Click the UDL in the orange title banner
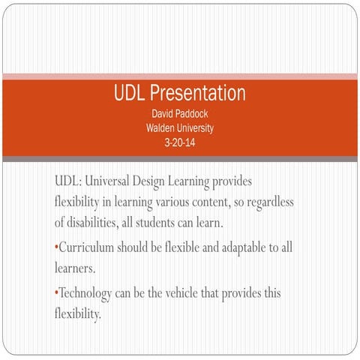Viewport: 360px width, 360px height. (130, 94)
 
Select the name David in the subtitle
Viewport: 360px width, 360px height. (164, 115)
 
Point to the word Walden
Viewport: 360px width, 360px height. (160, 128)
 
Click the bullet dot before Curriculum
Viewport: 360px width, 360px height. (56, 247)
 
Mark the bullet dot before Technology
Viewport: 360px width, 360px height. (56, 293)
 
